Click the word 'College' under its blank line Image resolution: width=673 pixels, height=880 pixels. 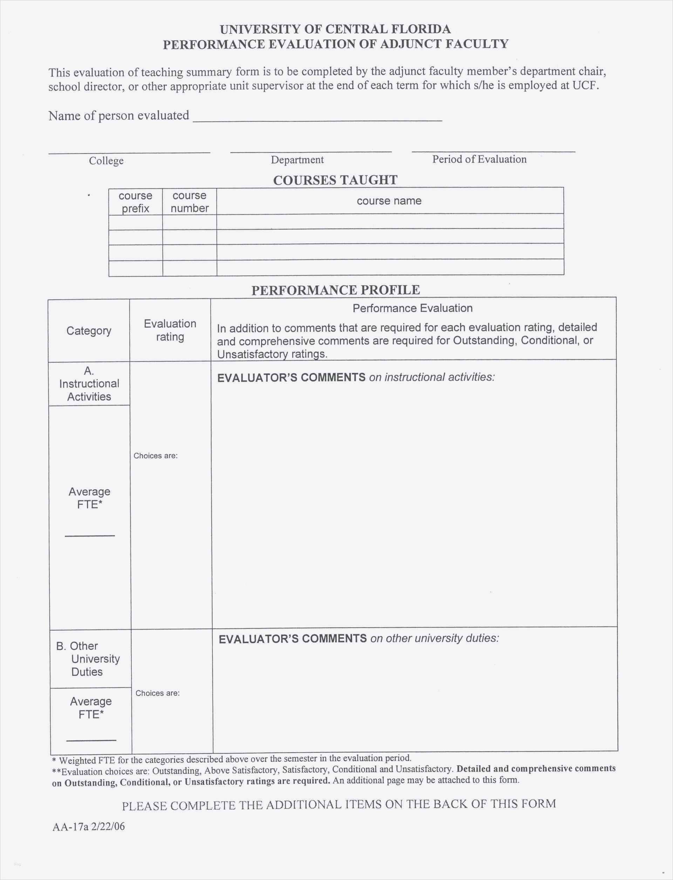point(106,161)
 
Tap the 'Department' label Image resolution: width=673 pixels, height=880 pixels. point(297,160)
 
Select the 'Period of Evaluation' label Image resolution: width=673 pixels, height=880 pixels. point(479,159)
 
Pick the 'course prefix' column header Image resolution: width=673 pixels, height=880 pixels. point(135,202)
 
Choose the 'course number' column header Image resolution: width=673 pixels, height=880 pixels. point(190,202)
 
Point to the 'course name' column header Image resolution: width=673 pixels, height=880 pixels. point(389,201)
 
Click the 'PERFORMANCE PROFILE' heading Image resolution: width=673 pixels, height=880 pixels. point(335,290)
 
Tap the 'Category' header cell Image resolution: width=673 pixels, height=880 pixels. point(89,331)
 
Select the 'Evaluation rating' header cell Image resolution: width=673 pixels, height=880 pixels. point(170,330)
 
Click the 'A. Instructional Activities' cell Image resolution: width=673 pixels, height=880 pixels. point(89,384)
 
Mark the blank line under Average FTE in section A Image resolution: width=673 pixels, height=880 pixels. point(90,535)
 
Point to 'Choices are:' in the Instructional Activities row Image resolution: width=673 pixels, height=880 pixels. point(155,456)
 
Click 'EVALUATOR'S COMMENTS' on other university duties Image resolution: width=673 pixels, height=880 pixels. point(292,638)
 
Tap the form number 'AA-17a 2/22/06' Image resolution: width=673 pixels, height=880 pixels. point(89,827)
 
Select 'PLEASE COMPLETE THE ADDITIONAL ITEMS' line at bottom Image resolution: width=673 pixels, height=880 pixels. point(339,804)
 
